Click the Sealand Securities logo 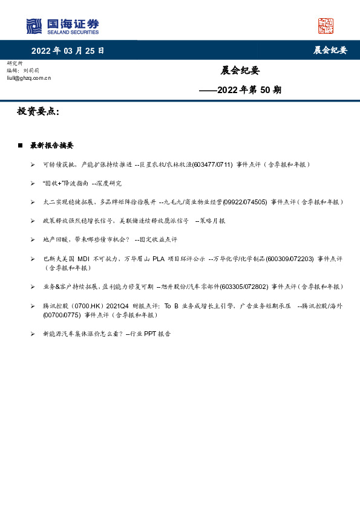click(62, 26)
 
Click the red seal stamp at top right click(326, 26)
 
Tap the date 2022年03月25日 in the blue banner click(68, 51)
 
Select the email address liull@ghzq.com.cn click(28, 78)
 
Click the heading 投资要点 click(38, 112)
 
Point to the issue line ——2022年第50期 click(241, 91)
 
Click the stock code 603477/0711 click(212, 164)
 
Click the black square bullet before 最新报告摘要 click(20, 146)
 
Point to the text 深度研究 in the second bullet click(110, 183)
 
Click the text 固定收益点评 click(159, 239)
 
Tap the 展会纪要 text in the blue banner click(330, 51)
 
